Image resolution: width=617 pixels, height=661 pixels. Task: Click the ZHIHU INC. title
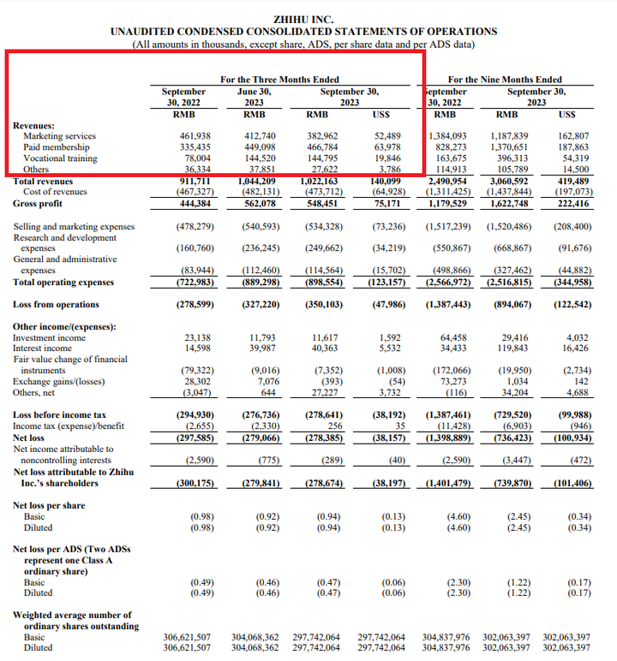click(x=303, y=20)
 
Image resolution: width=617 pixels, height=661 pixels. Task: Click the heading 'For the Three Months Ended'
click(x=279, y=80)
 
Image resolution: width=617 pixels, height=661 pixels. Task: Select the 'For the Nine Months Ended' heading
click(x=505, y=80)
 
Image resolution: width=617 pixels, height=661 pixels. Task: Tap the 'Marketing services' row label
click(x=59, y=136)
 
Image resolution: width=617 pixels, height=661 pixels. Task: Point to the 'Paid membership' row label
click(x=56, y=147)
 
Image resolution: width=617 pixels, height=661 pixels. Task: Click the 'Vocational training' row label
click(x=60, y=158)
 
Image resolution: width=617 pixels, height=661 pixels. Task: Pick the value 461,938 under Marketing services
click(x=195, y=136)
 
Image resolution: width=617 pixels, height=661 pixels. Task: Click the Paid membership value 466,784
click(x=322, y=147)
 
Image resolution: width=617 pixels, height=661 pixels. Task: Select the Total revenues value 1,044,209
click(x=256, y=182)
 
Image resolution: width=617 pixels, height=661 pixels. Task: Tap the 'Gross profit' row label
click(x=38, y=204)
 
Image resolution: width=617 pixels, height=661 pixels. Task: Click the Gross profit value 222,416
click(x=573, y=204)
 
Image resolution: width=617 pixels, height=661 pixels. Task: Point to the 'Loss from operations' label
click(x=56, y=304)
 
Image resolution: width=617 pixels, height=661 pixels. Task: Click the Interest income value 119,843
click(x=512, y=348)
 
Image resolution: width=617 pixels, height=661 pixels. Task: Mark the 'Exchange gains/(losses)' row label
click(x=58, y=382)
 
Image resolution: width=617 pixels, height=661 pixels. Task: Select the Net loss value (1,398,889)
click(x=448, y=438)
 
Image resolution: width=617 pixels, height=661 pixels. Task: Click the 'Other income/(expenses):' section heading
click(x=64, y=327)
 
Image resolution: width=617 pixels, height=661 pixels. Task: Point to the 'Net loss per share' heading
click(x=49, y=505)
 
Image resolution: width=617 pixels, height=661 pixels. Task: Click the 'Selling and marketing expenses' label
click(x=74, y=226)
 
